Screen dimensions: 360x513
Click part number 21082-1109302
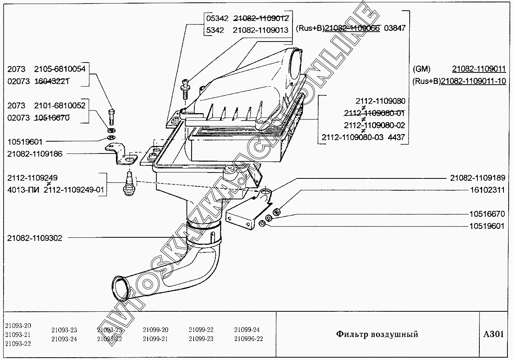(34, 238)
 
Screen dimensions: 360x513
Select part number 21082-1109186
(34, 154)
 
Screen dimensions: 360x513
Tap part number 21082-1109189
(477, 178)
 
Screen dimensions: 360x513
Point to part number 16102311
(487, 190)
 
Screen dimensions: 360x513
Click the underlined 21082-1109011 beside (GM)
(479, 69)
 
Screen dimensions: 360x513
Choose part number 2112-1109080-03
(353, 137)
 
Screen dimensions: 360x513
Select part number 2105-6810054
(60, 69)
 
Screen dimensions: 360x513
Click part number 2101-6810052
(60, 106)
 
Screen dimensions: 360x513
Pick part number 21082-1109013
(260, 30)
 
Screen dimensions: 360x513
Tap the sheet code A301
(494, 334)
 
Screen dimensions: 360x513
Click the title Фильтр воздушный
(377, 334)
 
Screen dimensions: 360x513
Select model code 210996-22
(249, 339)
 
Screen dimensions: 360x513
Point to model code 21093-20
(18, 326)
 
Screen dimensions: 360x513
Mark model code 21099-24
(247, 330)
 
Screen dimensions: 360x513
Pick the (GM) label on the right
(421, 69)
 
